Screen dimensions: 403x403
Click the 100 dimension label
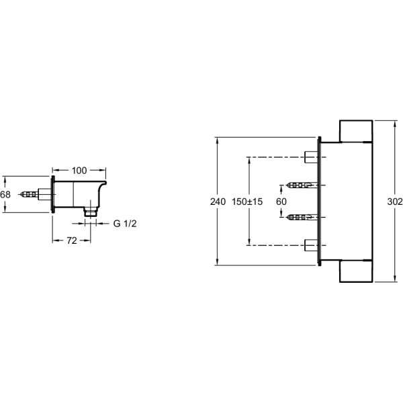[x=79, y=171]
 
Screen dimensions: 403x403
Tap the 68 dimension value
[x=5, y=195]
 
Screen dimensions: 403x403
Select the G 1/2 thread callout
[x=125, y=224]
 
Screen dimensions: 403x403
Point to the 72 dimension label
[x=72, y=241]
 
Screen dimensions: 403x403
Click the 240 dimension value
[x=218, y=201]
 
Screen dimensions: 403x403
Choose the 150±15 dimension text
[x=247, y=201]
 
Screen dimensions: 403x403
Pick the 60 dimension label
[x=281, y=201]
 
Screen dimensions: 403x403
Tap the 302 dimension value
[x=395, y=201]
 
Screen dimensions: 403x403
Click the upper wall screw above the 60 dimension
[x=302, y=185]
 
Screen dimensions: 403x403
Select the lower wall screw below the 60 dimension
[x=302, y=218]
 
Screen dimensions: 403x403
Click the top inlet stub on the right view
[x=311, y=157]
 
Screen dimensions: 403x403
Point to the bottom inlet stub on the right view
[x=311, y=245]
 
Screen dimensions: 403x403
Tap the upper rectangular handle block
[x=356, y=131]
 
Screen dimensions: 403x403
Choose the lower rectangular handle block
[x=356, y=271]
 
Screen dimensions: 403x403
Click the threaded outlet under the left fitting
[x=91, y=212]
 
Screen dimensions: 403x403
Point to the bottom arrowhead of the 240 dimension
[x=218, y=261]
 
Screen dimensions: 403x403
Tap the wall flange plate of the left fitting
[x=53, y=194]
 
